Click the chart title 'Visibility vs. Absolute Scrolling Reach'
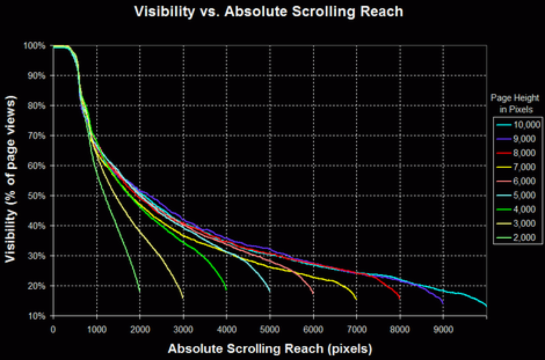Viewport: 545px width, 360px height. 269,12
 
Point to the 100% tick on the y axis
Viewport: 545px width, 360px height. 34,46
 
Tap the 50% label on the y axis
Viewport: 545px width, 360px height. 36,196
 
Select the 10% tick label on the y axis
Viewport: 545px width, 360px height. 37,316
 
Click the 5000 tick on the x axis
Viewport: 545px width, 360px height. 269,330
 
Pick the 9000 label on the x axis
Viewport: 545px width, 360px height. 443,330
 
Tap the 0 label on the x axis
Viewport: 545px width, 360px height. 53,330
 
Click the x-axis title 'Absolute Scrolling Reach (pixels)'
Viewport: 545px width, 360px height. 270,349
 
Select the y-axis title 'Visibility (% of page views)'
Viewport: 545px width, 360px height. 11,179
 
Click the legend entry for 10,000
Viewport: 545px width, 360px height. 518,125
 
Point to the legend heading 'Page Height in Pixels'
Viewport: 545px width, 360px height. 515,104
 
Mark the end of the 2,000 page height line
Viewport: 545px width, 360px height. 140,291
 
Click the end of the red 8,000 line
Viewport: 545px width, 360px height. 400,298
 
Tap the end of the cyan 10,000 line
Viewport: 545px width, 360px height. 486,306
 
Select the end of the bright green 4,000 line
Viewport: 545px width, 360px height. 227,290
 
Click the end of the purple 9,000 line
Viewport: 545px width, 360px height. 443,304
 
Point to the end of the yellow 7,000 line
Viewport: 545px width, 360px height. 356,299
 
